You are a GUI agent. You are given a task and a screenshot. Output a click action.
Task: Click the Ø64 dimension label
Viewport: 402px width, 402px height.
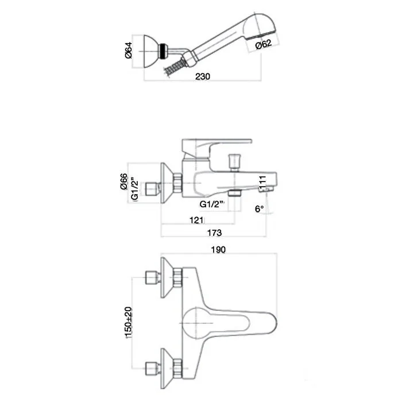click(x=129, y=51)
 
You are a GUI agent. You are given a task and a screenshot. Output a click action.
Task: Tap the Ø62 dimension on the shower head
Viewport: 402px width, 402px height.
click(x=263, y=44)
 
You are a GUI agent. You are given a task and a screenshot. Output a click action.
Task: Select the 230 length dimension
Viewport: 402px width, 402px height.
click(x=203, y=76)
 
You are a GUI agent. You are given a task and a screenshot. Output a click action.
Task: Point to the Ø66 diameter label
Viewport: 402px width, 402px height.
click(x=124, y=181)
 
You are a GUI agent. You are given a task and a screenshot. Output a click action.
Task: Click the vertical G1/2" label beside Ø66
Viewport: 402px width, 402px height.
click(x=134, y=188)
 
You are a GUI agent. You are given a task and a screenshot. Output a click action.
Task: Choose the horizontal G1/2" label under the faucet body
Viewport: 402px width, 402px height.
click(x=212, y=204)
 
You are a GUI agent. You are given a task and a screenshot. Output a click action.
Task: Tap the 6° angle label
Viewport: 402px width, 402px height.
click(x=259, y=208)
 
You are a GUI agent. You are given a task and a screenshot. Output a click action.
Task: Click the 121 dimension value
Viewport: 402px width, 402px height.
click(x=196, y=220)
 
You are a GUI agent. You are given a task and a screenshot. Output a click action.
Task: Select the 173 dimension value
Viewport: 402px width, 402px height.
click(x=214, y=233)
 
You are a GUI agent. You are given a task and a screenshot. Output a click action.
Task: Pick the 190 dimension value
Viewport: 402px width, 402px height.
click(x=218, y=249)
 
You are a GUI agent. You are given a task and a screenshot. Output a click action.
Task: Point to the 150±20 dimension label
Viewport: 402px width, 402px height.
click(x=129, y=323)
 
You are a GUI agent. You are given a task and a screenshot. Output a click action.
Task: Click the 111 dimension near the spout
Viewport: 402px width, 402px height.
click(x=262, y=183)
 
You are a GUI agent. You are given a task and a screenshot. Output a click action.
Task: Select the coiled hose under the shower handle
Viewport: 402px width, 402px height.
click(x=175, y=67)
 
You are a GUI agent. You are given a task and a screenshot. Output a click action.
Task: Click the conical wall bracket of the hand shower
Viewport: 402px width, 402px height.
click(x=150, y=52)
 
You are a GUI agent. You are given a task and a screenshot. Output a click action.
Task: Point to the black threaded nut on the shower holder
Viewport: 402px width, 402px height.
click(x=163, y=51)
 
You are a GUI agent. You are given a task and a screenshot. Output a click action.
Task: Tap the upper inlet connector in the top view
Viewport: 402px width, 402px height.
click(x=153, y=277)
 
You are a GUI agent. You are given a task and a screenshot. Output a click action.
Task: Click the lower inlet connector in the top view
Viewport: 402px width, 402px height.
click(x=153, y=369)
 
